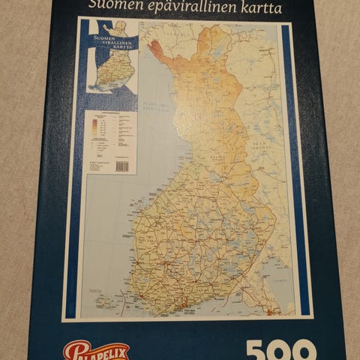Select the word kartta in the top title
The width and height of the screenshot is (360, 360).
click(x=256, y=8)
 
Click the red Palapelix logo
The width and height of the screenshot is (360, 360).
click(x=96, y=351)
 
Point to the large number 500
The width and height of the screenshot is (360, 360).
click(x=280, y=351)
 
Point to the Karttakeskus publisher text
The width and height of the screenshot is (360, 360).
click(x=94, y=160)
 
